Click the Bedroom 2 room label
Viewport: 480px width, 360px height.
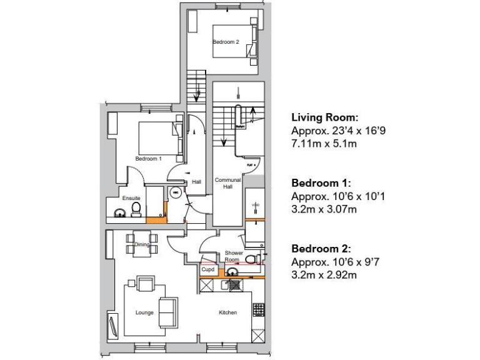[226, 42]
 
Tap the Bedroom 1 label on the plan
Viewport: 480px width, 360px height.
[148, 159]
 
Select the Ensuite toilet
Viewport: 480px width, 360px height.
[137, 212]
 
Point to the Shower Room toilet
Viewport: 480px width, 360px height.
[251, 259]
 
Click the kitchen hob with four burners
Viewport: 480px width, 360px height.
[258, 309]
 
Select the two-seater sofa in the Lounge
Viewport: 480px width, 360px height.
[167, 312]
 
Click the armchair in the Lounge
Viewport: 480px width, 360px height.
[146, 284]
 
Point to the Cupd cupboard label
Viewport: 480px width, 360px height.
[207, 270]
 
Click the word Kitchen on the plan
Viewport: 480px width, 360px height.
[227, 312]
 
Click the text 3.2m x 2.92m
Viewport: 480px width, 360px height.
[324, 274]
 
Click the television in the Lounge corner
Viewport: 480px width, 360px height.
[113, 324]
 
